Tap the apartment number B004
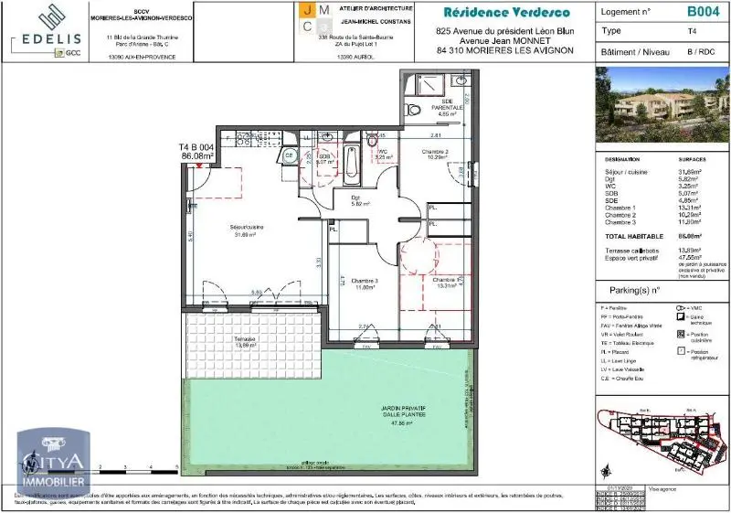click(x=702, y=12)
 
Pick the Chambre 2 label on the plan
click(x=434, y=152)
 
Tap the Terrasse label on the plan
click(x=244, y=341)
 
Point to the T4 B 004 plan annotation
click(x=196, y=147)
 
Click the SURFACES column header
click(x=693, y=158)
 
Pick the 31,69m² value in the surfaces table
click(x=689, y=171)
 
